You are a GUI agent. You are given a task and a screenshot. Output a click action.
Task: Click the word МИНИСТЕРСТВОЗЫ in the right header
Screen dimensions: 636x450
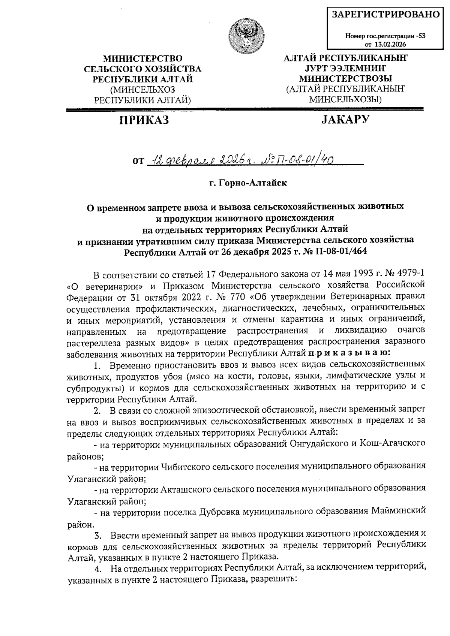(345, 79)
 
